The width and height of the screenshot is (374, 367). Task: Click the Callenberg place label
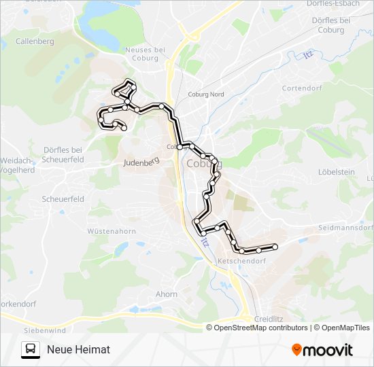pyautogui.click(x=34, y=41)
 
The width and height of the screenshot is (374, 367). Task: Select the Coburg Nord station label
pyautogui.click(x=206, y=94)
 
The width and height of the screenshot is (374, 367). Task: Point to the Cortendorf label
pyautogui.click(x=301, y=88)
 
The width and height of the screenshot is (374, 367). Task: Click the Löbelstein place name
pyautogui.click(x=337, y=172)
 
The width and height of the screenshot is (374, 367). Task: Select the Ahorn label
pyautogui.click(x=167, y=294)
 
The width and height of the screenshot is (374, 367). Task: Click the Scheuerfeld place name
pyautogui.click(x=63, y=199)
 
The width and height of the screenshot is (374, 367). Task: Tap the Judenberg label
pyautogui.click(x=141, y=162)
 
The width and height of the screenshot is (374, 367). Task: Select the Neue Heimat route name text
pyautogui.click(x=78, y=349)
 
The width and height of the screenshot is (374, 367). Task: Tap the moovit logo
pyautogui.click(x=322, y=350)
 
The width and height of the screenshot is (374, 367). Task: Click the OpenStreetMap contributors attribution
pyautogui.click(x=261, y=328)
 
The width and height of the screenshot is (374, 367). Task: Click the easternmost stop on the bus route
pyautogui.click(x=275, y=247)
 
